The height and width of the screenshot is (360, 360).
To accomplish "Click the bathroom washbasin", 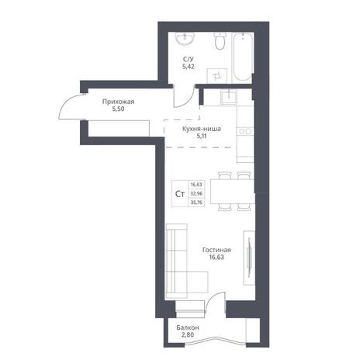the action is pyautogui.click(x=185, y=39).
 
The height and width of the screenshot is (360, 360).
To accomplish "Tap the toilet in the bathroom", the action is pyautogui.click(x=220, y=41).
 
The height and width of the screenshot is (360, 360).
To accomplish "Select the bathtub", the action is pyautogui.click(x=242, y=56).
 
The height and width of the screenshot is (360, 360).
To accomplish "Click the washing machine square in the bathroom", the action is pyautogui.click(x=217, y=76).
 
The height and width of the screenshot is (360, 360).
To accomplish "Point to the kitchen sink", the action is pyautogui.click(x=229, y=96).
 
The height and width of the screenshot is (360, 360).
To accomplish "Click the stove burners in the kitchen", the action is pyautogui.click(x=245, y=132).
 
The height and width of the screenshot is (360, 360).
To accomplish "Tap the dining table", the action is pyautogui.click(x=232, y=192).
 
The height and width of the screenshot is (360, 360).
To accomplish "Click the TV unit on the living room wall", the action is pyautogui.click(x=249, y=258).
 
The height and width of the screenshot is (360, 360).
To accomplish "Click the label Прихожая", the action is pyautogui.click(x=118, y=102).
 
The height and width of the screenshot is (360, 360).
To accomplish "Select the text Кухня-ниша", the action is pyautogui.click(x=202, y=129).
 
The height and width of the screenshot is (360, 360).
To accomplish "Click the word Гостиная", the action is pyautogui.click(x=216, y=250).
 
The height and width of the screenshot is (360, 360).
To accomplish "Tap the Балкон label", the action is pyautogui.click(x=188, y=327).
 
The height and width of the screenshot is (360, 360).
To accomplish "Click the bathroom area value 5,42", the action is pyautogui.click(x=189, y=67).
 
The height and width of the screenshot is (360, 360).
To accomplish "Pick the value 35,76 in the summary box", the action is pyautogui.click(x=196, y=202).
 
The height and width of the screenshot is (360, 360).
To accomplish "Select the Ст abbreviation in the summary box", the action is pyautogui.click(x=180, y=194).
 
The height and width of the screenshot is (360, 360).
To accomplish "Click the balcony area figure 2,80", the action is pyautogui.click(x=188, y=335).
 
